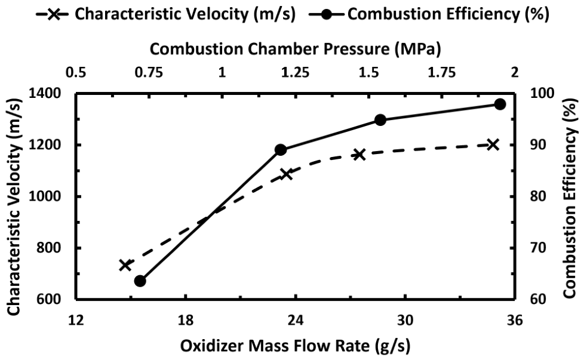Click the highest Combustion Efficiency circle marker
click(x=500, y=104)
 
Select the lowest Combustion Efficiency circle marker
click(x=140, y=281)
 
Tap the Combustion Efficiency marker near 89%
click(x=281, y=150)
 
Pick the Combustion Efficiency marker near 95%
click(x=380, y=120)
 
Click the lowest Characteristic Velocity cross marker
click(x=125, y=265)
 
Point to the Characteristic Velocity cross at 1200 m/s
click(x=493, y=145)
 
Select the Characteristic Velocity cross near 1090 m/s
click(x=287, y=174)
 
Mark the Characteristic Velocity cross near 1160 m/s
click(x=359, y=155)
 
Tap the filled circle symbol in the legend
click(x=327, y=14)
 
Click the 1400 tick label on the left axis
click(x=44, y=94)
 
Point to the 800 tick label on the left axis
click(x=49, y=248)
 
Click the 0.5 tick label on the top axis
click(x=76, y=72)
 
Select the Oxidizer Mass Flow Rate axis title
click(x=296, y=346)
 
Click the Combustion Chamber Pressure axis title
click(x=296, y=49)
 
